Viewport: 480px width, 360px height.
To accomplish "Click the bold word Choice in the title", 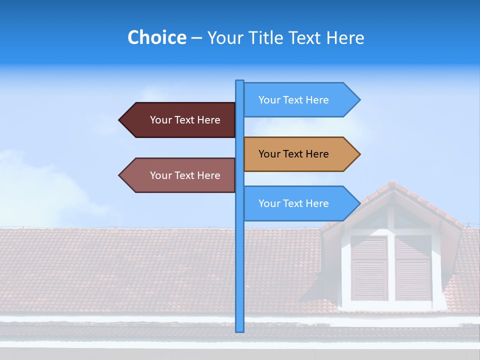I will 156,37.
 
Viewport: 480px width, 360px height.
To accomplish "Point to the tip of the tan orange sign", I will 359,154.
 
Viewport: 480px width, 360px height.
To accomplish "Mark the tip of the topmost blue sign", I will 359,100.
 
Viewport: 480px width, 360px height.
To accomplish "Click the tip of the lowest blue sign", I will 359,203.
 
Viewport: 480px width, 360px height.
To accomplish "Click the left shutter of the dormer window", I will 369,268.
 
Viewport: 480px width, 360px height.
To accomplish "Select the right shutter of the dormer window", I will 413,268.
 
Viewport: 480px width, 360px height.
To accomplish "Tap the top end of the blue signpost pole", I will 239,81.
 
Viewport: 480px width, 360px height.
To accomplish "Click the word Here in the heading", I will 345,37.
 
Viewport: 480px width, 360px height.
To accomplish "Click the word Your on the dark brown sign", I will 161,120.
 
